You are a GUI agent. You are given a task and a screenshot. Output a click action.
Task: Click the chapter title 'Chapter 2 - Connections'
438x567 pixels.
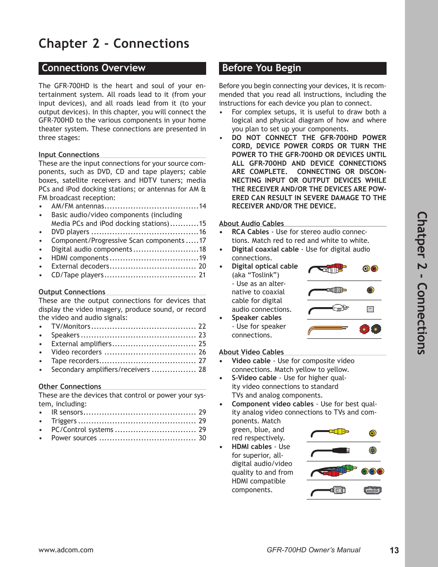tap(114, 44)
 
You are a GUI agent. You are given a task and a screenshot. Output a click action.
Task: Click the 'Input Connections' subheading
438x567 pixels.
tap(69, 155)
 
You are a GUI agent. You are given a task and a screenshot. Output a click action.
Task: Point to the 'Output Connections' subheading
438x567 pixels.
tap(72, 292)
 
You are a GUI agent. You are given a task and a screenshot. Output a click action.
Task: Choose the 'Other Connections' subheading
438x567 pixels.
tap(70, 387)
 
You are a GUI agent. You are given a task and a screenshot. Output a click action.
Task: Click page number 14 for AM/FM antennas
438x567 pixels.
tap(202, 206)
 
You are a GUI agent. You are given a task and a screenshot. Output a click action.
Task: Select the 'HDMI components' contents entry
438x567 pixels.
tap(80, 258)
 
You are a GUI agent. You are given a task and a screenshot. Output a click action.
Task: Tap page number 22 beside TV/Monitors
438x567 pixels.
tap(202, 326)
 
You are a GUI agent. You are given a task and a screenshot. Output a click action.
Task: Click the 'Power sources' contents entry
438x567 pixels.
tap(74, 438)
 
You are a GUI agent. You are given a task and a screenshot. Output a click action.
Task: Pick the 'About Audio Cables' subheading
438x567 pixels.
tap(251, 224)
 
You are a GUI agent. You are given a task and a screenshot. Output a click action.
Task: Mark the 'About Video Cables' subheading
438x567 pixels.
tap(251, 352)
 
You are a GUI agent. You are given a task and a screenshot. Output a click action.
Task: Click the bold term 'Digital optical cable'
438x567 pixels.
tap(264, 266)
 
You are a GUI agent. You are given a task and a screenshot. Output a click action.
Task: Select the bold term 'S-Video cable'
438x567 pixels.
tap(254, 378)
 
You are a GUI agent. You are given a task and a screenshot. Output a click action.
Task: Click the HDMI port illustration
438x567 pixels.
tap(372, 490)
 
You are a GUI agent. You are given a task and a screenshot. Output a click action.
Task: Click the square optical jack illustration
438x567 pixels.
tap(370, 309)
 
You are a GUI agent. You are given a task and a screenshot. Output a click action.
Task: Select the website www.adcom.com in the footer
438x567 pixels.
tap(66, 550)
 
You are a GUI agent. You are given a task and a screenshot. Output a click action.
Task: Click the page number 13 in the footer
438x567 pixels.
tap(394, 550)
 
